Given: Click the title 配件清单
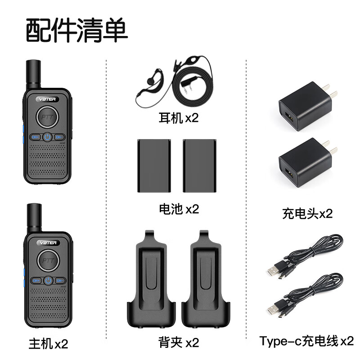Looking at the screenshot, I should [x=77, y=30].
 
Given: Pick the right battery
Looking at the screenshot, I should [x=200, y=166].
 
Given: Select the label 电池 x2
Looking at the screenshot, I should [x=179, y=209].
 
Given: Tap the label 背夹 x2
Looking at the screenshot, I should [x=179, y=342].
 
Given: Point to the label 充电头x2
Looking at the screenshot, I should [x=307, y=214].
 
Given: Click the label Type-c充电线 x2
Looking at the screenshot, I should [x=306, y=341].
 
